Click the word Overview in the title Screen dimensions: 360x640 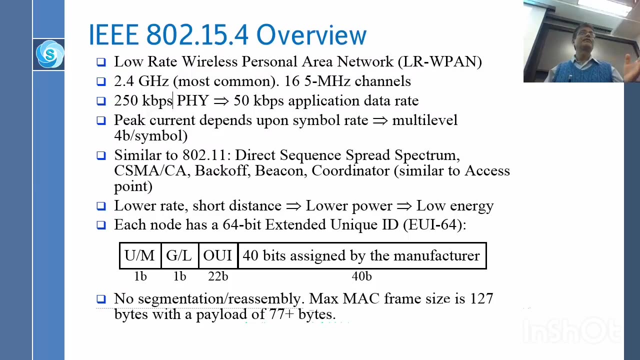(x=311, y=35)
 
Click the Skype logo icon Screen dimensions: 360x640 (x=49, y=54)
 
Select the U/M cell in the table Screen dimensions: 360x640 (x=139, y=255)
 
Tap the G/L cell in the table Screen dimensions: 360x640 (x=179, y=255)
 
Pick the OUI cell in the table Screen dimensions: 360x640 (x=217, y=255)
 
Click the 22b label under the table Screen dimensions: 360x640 (x=218, y=276)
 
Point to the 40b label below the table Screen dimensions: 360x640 (x=361, y=276)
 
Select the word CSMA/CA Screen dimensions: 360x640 (x=151, y=171)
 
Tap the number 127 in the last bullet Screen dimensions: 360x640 (x=481, y=299)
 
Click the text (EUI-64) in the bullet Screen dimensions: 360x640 (x=434, y=225)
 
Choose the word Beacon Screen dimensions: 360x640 (x=281, y=171)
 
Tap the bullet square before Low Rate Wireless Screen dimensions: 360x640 (x=101, y=62)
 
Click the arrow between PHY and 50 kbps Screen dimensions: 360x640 (x=221, y=101)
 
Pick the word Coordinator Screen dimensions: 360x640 (x=350, y=171)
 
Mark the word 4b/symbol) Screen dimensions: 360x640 (x=150, y=136)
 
